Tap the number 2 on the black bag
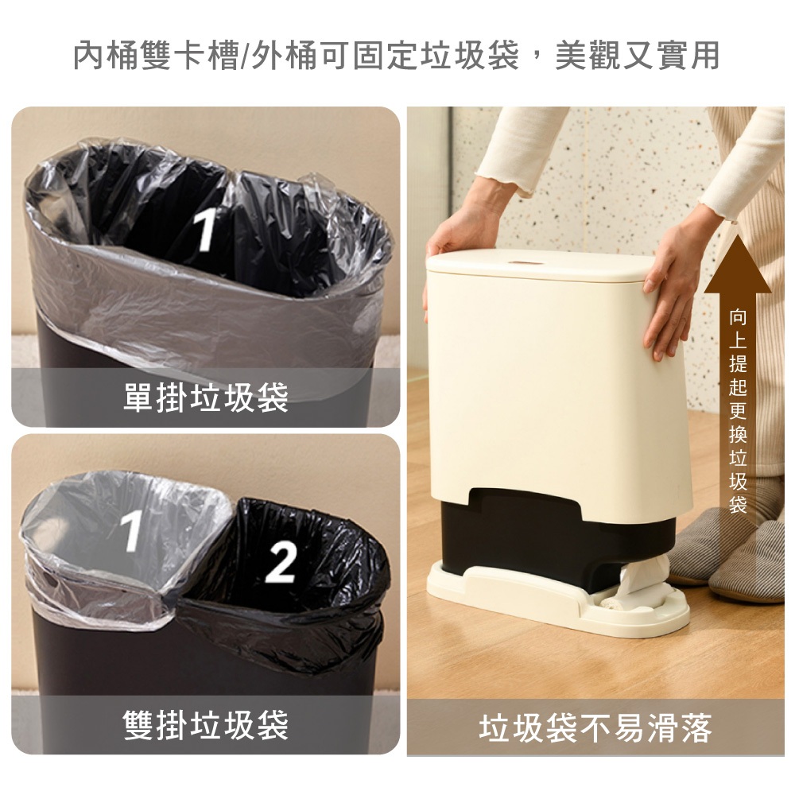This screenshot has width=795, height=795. coord(280,561)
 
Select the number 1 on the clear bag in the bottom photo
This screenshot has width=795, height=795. coord(131,529)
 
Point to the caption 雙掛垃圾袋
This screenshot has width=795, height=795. coord(205,724)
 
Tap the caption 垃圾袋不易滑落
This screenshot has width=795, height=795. coord(595,728)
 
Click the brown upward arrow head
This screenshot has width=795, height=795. coord(738,266)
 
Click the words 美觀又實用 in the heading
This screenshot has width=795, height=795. coord(638,55)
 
